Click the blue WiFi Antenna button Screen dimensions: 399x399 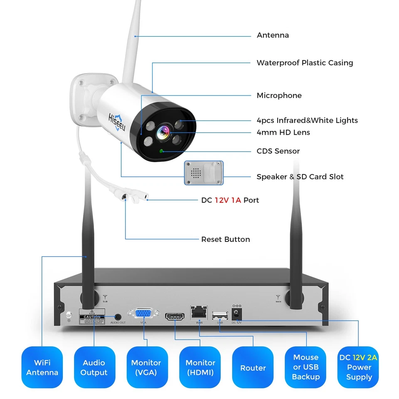42,367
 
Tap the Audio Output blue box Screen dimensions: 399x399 94,367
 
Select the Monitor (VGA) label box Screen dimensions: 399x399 147,367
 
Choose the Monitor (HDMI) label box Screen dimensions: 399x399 200,367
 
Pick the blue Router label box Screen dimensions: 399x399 253,367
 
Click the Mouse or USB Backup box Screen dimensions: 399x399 305,367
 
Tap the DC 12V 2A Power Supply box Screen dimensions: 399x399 358,367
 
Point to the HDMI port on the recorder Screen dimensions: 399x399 175,317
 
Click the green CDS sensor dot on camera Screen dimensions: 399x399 162,151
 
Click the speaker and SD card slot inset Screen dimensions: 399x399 204,172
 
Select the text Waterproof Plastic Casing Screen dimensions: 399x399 305,63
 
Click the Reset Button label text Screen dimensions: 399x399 225,239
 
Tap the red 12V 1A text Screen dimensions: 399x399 228,200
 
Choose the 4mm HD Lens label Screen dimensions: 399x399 283,132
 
